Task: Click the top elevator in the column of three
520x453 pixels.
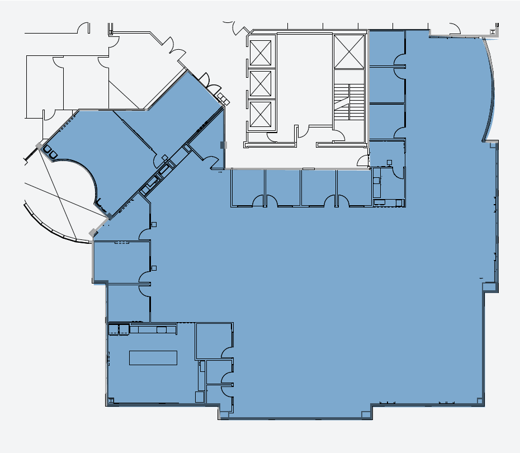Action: pos(261,53)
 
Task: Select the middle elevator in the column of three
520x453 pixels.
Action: pos(261,83)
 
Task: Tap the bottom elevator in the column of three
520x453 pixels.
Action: pos(261,114)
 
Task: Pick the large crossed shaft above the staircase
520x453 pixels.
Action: pos(349,51)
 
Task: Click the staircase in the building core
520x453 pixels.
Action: pos(349,102)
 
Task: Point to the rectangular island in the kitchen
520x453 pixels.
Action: pos(153,357)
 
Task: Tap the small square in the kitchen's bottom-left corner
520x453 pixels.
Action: pos(111,400)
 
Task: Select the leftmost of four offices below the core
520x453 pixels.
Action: pos(247,187)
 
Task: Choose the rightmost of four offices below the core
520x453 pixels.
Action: pos(353,187)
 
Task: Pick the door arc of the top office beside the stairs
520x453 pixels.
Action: pos(400,60)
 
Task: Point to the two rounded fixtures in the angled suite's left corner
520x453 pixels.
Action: pos(50,151)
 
